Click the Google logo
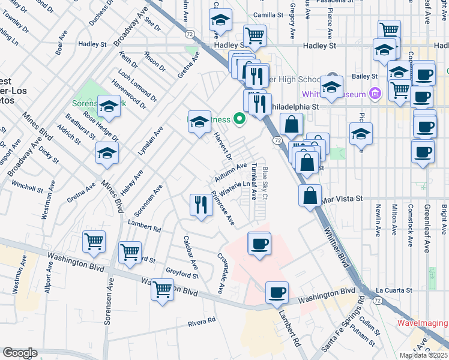pos(20,353)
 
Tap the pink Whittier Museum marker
pos(376,94)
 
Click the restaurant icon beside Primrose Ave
pos(199,205)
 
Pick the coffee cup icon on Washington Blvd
pos(277,292)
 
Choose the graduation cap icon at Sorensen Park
pos(109,106)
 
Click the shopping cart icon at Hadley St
pos(255,35)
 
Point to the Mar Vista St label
pos(343,198)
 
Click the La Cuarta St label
pos(394,290)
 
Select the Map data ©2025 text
pos(423,355)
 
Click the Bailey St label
pos(364,76)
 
